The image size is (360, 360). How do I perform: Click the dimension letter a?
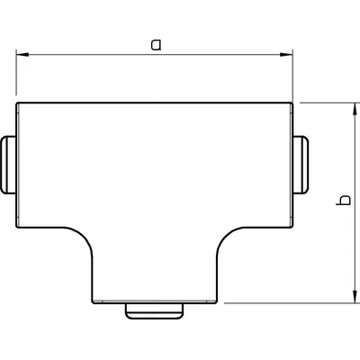pyautogui.click(x=156, y=44)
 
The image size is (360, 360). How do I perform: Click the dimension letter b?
pyautogui.click(x=341, y=202)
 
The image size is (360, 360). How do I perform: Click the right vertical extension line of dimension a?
pyautogui.click(x=294, y=76)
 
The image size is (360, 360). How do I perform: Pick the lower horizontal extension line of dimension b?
pyautogui.click(x=288, y=303)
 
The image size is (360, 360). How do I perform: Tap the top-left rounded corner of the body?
pyautogui.click(x=19, y=104)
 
